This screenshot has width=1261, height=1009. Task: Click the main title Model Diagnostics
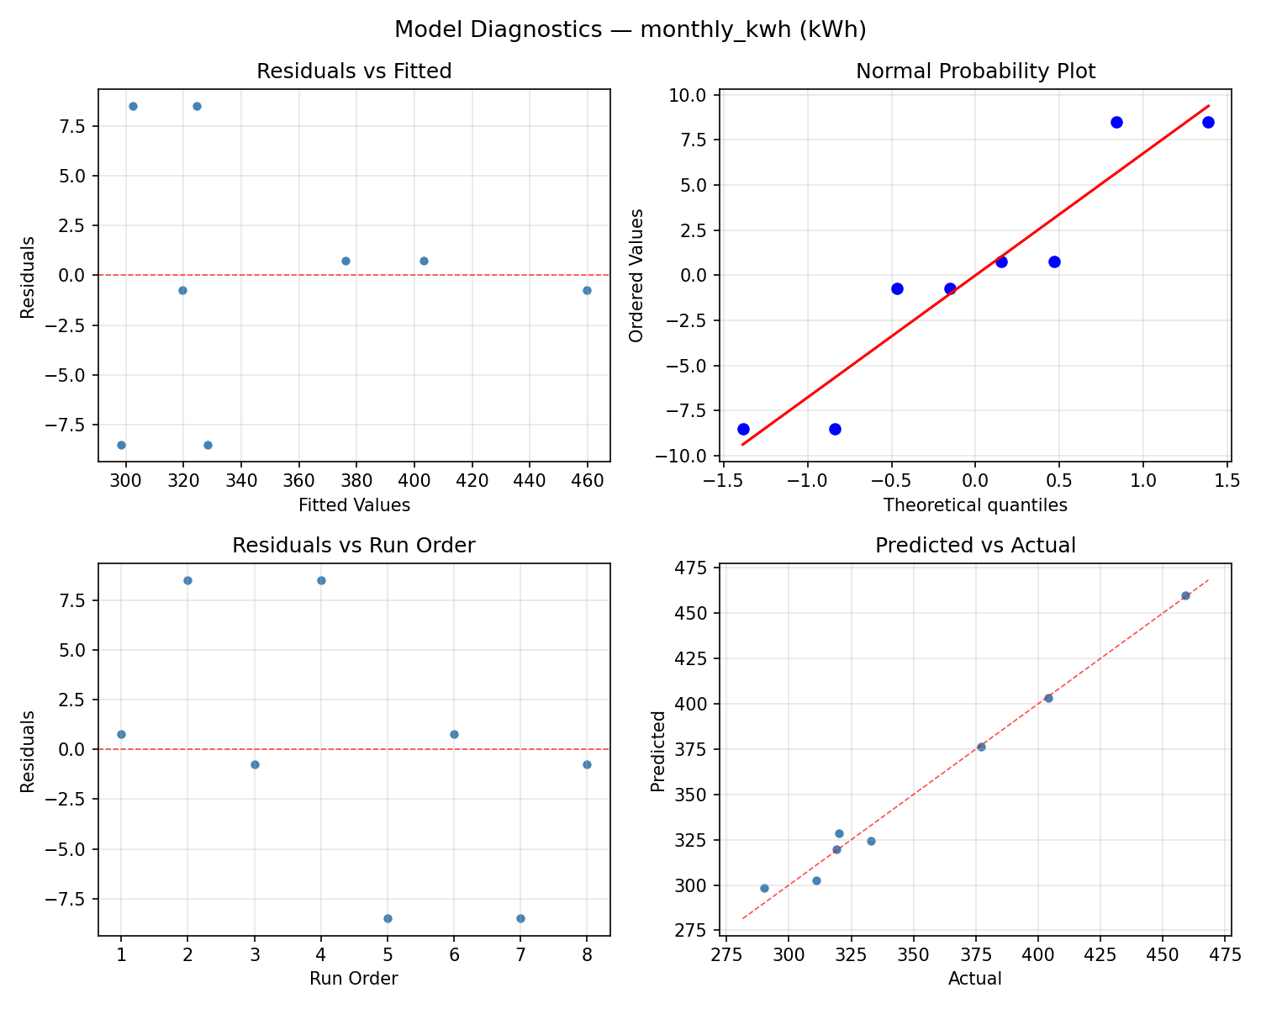[x=630, y=30]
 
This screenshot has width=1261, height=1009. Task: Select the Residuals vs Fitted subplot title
[x=354, y=71]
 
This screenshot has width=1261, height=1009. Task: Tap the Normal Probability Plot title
[x=975, y=71]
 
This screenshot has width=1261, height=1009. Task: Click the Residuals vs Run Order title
[x=354, y=546]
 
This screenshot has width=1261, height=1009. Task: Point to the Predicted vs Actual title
[x=975, y=546]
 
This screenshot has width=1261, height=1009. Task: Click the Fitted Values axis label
[x=354, y=505]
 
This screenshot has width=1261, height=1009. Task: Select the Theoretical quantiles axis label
[x=975, y=505]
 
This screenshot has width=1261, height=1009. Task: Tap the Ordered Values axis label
[x=636, y=275]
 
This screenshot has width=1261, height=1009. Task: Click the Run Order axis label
[x=354, y=979]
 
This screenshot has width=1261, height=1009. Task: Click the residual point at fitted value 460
[x=587, y=290]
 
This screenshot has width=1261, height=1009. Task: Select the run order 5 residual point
[x=388, y=918]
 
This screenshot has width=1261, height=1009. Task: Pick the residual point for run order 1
[x=121, y=734]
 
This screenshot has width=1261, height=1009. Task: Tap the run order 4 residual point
[x=321, y=580]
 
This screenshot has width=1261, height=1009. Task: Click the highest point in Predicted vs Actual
[x=1185, y=595]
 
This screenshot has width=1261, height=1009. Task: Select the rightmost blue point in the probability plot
[x=1208, y=122]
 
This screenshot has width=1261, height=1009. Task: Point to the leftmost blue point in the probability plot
[x=743, y=429]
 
